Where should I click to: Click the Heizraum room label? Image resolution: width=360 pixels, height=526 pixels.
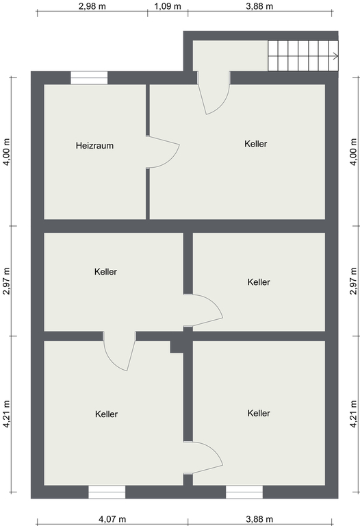[x=94, y=146]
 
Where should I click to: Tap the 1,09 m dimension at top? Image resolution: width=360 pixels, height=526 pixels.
[x=168, y=6]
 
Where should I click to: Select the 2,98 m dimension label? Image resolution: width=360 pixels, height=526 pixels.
[x=92, y=6]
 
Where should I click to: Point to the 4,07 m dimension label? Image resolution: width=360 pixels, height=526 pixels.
[x=112, y=519]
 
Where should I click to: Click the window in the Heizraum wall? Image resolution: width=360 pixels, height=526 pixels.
[x=89, y=78]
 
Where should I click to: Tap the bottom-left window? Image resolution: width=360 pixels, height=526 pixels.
[x=107, y=492]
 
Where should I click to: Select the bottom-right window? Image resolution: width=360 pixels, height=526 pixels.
[x=244, y=492]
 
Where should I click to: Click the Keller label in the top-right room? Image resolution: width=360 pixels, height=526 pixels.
[x=256, y=144]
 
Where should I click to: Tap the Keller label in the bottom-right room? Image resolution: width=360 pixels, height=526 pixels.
[x=259, y=413]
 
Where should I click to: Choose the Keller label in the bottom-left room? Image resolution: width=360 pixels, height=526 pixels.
[x=106, y=414]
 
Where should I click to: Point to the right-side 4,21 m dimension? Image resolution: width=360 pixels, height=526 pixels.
[x=354, y=414]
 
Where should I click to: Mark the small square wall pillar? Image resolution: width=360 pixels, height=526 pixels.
[x=177, y=347]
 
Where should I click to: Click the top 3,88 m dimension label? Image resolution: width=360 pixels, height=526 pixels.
[x=259, y=6]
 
